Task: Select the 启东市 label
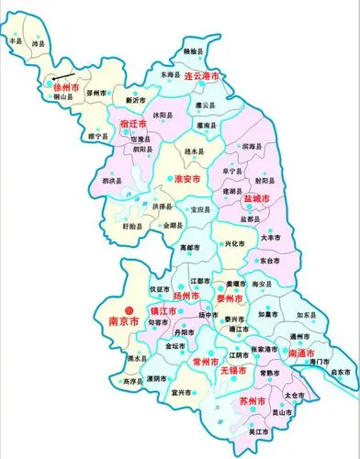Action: pos(342,372)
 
